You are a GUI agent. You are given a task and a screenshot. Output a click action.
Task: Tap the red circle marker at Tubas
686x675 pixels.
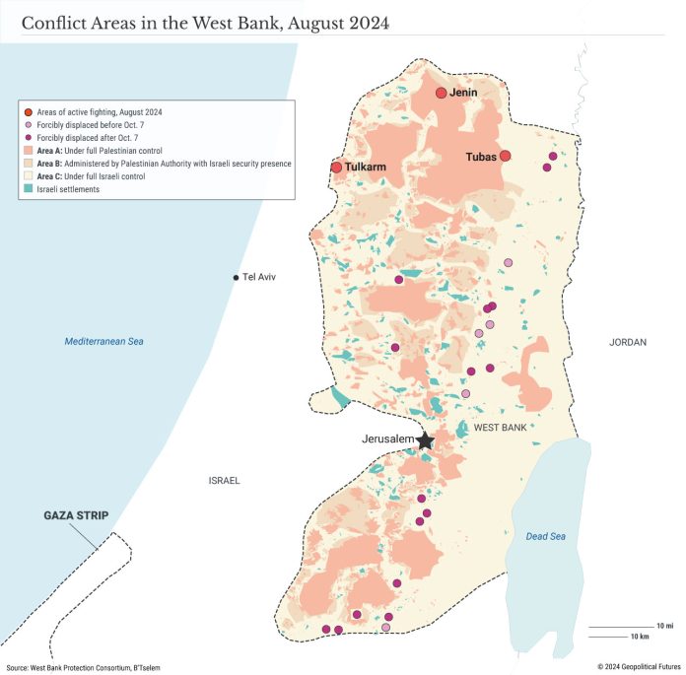505,156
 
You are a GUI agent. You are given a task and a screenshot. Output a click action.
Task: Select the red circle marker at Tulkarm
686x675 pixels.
336,168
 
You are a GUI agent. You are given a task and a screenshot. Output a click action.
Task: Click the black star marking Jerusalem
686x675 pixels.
425,440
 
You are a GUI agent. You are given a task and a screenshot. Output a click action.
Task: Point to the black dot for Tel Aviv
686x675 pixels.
235,278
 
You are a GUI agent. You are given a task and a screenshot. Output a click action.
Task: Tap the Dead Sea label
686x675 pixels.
545,535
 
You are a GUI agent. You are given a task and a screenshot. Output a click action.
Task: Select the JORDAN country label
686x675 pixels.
628,342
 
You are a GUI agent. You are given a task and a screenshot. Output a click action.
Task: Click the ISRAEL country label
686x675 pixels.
224,481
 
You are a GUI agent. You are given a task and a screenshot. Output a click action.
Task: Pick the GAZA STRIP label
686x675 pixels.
76,515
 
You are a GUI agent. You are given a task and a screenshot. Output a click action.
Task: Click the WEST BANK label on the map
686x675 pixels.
500,428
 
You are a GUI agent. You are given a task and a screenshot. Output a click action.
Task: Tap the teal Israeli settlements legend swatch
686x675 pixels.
29,188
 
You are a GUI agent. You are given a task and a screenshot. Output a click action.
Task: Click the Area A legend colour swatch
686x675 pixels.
29,150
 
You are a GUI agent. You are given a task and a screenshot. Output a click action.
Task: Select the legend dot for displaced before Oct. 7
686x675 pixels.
29,125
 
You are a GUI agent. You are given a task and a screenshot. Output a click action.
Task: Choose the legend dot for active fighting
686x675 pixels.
29,112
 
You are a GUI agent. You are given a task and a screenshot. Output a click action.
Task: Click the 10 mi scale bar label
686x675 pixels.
663,626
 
